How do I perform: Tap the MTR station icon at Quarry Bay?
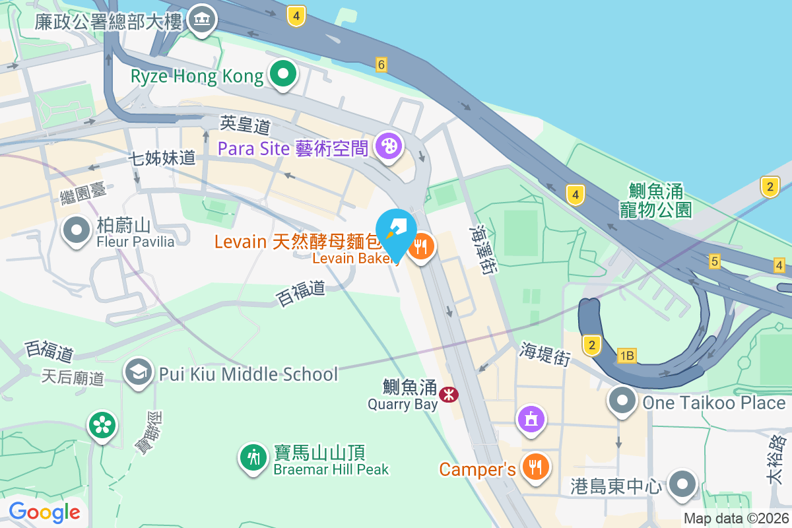point(449,394)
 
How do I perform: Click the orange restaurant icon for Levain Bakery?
point(420,248)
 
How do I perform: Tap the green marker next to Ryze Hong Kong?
point(284,75)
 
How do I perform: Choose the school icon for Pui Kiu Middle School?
point(139,373)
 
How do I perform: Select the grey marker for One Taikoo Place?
point(622,401)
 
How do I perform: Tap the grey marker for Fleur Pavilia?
point(77,231)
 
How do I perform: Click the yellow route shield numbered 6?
point(381,64)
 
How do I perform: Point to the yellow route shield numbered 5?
point(714,261)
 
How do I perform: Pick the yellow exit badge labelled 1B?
point(626,356)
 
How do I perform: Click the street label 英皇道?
point(237,123)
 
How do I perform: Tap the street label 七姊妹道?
point(162,158)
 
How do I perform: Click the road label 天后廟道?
point(73,378)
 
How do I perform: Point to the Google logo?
point(45,511)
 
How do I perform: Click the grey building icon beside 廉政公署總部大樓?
point(202,20)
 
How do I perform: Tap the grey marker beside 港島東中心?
point(682,485)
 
